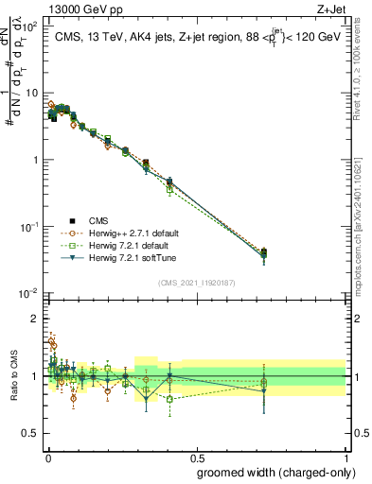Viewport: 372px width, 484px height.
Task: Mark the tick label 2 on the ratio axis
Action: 37,319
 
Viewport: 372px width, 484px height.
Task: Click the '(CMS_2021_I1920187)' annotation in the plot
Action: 196,282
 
